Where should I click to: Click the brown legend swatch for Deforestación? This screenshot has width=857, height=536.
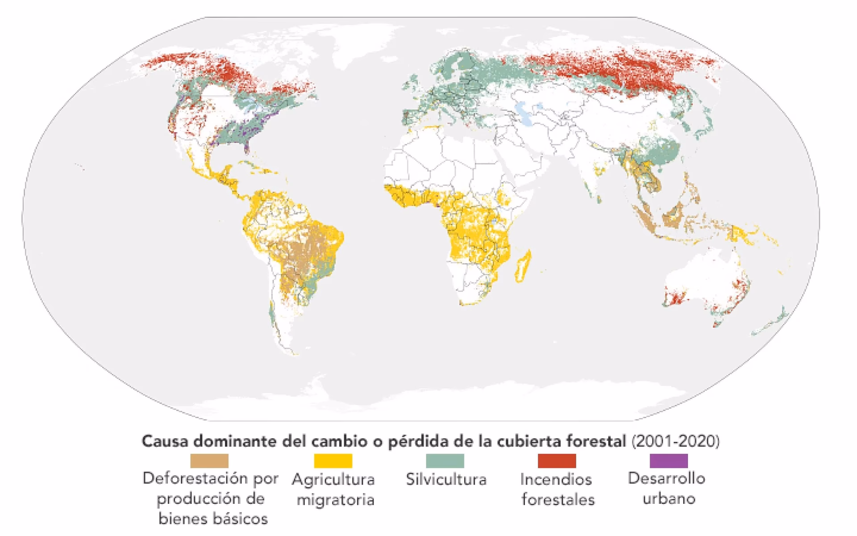coord(209,461)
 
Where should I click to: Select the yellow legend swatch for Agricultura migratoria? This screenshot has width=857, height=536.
coord(333,461)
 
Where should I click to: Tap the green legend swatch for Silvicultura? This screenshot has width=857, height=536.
coord(445,461)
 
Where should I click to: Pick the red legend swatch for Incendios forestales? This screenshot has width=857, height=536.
coord(557,461)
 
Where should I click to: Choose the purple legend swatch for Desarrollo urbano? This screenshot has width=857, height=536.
coord(669,461)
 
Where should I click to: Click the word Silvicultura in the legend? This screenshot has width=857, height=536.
coord(446,480)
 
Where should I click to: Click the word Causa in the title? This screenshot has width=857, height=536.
coord(166,441)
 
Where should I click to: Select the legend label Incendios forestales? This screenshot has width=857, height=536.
coord(557,490)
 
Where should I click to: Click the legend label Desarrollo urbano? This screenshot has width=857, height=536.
coord(667,488)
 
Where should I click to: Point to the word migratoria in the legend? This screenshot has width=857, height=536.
coord(335,499)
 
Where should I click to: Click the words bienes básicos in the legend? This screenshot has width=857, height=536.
coord(213,519)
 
